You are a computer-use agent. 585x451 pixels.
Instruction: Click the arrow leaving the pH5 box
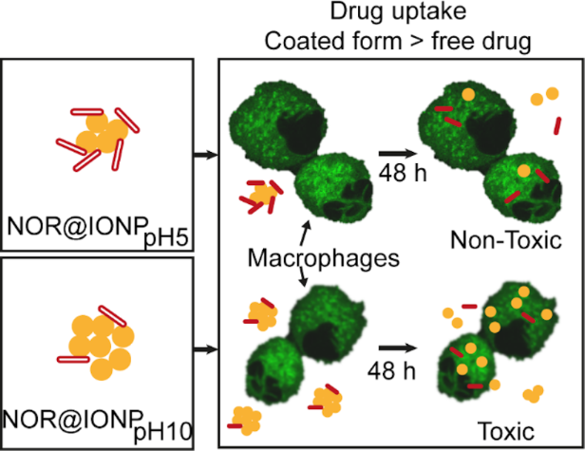click(x=207, y=151)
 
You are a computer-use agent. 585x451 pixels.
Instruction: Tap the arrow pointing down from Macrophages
click(x=301, y=276)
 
